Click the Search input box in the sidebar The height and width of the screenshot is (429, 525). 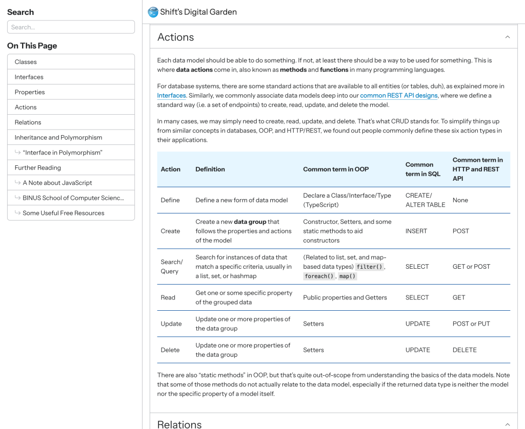(71, 27)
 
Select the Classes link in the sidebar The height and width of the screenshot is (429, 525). (26, 62)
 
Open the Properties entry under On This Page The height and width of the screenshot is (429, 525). (30, 92)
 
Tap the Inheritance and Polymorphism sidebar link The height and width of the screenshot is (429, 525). (58, 138)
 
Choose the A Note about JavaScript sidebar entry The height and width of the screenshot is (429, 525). (57, 183)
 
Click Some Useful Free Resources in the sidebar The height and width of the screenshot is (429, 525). (64, 213)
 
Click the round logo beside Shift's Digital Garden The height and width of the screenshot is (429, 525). (153, 12)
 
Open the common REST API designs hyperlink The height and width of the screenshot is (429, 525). (398, 96)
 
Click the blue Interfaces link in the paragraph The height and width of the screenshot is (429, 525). (171, 96)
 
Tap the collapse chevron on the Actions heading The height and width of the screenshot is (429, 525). (507, 37)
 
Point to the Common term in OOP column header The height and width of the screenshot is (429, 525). (335, 169)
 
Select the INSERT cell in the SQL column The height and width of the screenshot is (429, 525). (416, 231)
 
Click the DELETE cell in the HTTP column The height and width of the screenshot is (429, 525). (465, 350)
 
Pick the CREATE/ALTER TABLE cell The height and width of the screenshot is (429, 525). (425, 200)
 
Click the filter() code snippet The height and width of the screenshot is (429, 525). (369, 267)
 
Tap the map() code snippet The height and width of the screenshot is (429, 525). (348, 276)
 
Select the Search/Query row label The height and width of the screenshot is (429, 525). (171, 267)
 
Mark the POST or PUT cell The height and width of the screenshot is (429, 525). (471, 324)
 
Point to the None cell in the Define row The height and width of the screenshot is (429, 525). (460, 200)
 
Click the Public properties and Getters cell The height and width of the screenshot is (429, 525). (345, 297)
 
